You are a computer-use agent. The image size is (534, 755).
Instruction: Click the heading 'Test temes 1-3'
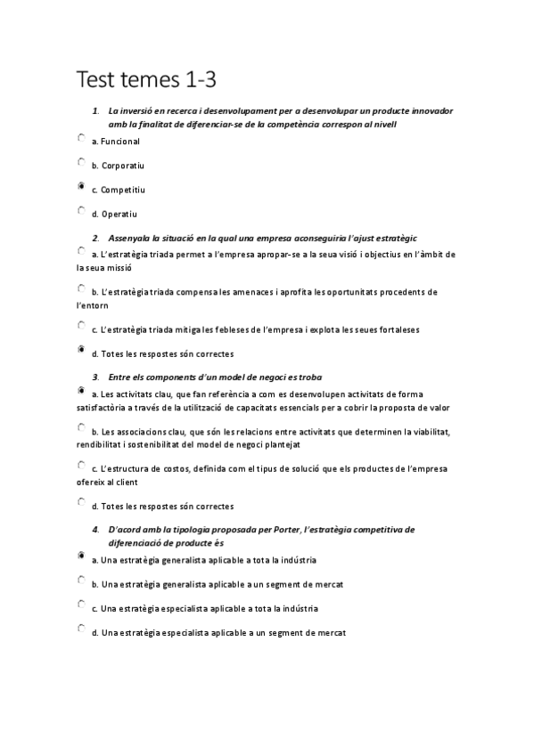pyautogui.click(x=147, y=80)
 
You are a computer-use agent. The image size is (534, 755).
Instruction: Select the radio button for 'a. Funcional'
pyautogui.click(x=82, y=139)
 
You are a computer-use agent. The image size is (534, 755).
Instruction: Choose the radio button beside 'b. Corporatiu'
pyautogui.click(x=82, y=163)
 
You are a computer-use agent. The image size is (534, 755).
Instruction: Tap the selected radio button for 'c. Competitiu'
pyautogui.click(x=82, y=187)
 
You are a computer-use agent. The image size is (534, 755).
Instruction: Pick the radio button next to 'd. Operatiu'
pyautogui.click(x=82, y=211)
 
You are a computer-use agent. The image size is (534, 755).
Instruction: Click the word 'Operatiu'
pyautogui.click(x=120, y=214)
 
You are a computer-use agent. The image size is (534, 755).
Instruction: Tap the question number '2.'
pyautogui.click(x=95, y=238)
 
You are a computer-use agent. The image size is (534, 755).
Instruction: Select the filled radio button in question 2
pyautogui.click(x=82, y=351)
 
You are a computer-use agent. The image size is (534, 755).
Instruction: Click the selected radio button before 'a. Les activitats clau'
pyautogui.click(x=82, y=391)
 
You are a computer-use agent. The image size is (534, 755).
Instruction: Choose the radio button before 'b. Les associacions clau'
pyautogui.click(x=82, y=428)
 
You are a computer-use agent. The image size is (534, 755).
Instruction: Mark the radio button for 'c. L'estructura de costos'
pyautogui.click(x=82, y=466)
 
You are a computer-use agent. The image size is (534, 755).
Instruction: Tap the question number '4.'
pyautogui.click(x=95, y=529)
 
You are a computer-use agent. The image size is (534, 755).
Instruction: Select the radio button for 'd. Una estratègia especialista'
pyautogui.click(x=82, y=629)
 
